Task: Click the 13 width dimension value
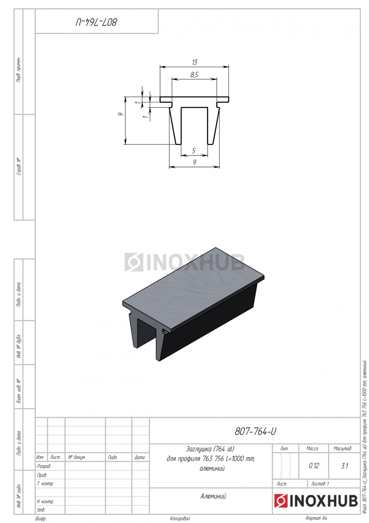[x=195, y=62]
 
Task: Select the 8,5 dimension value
[x=194, y=75]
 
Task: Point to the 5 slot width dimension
[x=194, y=151]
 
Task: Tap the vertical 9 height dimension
[x=121, y=114]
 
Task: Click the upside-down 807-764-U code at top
[x=96, y=22]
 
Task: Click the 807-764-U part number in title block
[x=255, y=431]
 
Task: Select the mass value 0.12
[x=314, y=466]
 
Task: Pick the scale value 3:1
[x=344, y=466]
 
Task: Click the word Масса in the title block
[x=312, y=448]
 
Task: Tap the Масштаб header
[x=342, y=448]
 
